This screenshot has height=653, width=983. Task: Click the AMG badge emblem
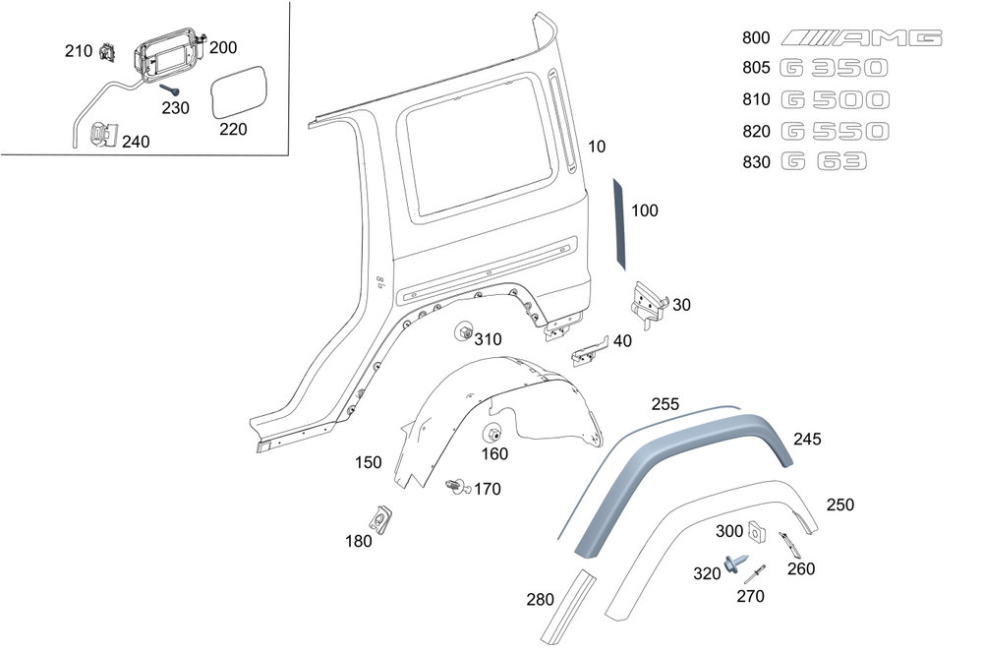pyautogui.click(x=861, y=38)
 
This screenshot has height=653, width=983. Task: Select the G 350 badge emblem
pyautogui.click(x=835, y=68)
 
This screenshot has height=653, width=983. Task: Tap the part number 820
pyautogui.click(x=756, y=131)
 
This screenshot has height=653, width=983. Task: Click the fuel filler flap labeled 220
pyautogui.click(x=239, y=92)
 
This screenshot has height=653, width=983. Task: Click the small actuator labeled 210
pyautogui.click(x=109, y=52)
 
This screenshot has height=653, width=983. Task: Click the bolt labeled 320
pyautogui.click(x=733, y=564)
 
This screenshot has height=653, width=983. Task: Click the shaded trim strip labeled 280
pyautogui.click(x=575, y=608)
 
